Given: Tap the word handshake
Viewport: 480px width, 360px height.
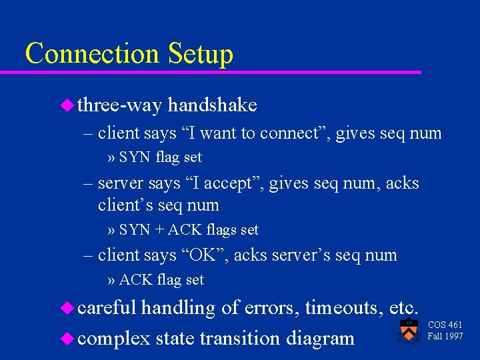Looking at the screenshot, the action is (213, 105).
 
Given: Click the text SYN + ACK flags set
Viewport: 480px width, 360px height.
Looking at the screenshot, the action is (189, 230).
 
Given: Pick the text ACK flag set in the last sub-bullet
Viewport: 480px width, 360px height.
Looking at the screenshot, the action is (161, 280).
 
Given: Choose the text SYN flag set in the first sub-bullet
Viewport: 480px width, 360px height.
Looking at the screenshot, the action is (160, 158).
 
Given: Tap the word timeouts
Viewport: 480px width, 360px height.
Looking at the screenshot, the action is (343, 308).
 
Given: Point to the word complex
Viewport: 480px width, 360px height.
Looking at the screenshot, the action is (113, 339).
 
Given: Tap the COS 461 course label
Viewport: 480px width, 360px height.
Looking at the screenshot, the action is (445, 325).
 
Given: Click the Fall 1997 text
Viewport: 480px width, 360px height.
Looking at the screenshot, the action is (445, 336).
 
